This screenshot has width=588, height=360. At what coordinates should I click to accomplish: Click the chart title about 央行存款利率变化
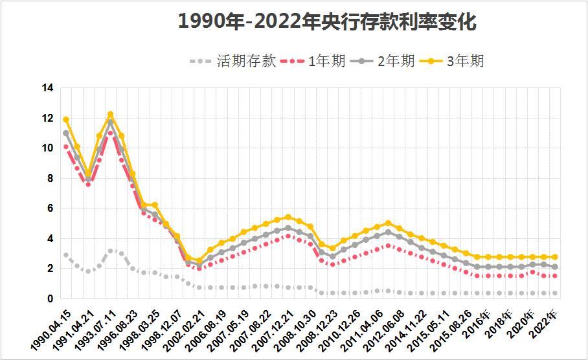(x=327, y=23)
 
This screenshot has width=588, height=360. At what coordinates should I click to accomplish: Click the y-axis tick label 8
(x=49, y=178)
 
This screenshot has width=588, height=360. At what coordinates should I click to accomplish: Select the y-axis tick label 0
(x=49, y=298)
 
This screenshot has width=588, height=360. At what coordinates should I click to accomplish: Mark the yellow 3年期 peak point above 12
(x=110, y=115)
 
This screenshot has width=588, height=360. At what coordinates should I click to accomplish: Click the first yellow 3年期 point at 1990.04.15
(x=65, y=120)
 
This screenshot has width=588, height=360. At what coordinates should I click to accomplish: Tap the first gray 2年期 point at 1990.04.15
(x=65, y=133)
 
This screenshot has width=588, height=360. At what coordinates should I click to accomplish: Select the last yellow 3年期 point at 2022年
(x=555, y=257)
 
